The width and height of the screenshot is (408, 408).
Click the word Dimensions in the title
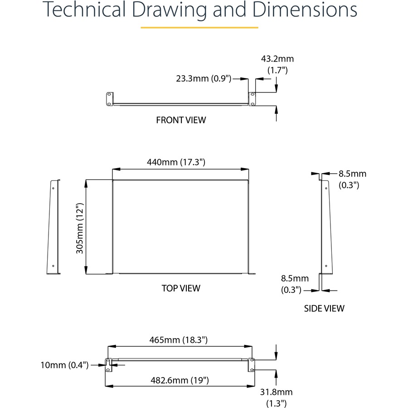tap(305, 10)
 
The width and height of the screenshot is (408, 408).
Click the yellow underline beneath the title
tap(199, 27)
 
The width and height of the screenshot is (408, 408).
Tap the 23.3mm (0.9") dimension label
tap(204, 78)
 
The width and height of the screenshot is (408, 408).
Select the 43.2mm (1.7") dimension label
tap(277, 64)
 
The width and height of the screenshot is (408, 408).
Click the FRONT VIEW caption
tap(181, 120)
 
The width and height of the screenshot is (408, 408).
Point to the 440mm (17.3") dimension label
tap(176, 162)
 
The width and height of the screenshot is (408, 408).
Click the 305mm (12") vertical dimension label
tap(80, 228)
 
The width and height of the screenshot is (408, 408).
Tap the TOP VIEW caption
tap(181, 288)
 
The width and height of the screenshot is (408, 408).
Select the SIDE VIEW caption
tap(324, 308)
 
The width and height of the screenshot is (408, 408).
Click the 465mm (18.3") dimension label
tap(178, 340)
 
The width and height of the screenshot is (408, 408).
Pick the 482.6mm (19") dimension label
tap(180, 380)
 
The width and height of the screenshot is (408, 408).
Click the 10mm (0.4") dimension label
tap(64, 365)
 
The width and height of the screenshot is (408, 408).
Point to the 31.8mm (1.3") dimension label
tap(277, 398)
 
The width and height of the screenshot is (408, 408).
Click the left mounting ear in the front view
tap(110, 99)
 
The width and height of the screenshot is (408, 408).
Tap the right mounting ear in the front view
tap(252, 99)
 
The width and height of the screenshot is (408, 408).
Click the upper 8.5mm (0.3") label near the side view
tap(352, 179)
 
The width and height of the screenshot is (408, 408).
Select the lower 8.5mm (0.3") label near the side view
tap(295, 284)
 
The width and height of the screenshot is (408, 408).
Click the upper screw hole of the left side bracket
tap(53, 188)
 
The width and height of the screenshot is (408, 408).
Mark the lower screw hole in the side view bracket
tap(326, 266)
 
